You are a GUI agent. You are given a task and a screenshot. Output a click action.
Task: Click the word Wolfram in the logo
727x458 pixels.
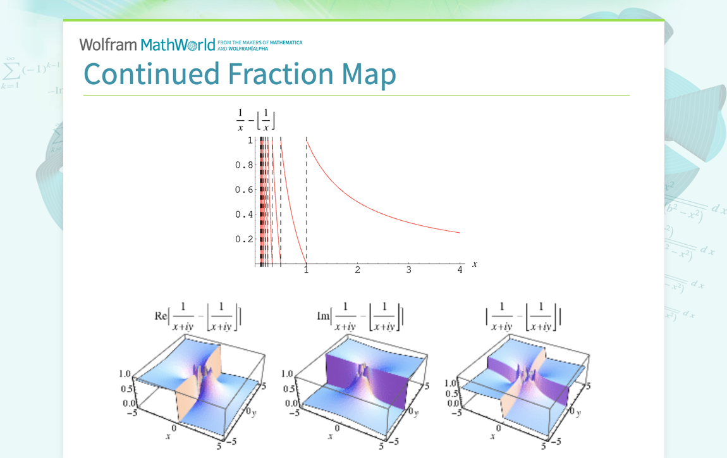(107, 45)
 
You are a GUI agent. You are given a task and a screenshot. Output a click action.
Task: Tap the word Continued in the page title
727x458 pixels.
(150, 74)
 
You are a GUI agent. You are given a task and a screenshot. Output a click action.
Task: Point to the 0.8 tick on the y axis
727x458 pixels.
(244, 165)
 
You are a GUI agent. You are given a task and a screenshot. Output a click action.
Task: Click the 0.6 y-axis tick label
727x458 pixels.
(244, 190)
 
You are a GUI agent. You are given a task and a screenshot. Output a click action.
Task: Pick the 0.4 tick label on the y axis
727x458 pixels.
(244, 214)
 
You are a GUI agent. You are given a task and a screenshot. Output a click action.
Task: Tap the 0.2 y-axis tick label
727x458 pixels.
(244, 239)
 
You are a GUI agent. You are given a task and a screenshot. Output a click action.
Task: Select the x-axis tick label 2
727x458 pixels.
(358, 270)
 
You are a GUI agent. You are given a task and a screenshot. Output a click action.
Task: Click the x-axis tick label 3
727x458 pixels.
(409, 270)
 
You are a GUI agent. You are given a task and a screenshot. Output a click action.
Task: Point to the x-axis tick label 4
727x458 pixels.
(460, 270)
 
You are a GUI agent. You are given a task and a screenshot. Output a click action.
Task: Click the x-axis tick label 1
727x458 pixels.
(307, 270)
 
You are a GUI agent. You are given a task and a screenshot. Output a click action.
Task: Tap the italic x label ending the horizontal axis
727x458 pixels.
(474, 263)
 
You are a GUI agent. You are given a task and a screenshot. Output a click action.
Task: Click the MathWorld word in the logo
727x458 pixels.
(178, 45)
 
